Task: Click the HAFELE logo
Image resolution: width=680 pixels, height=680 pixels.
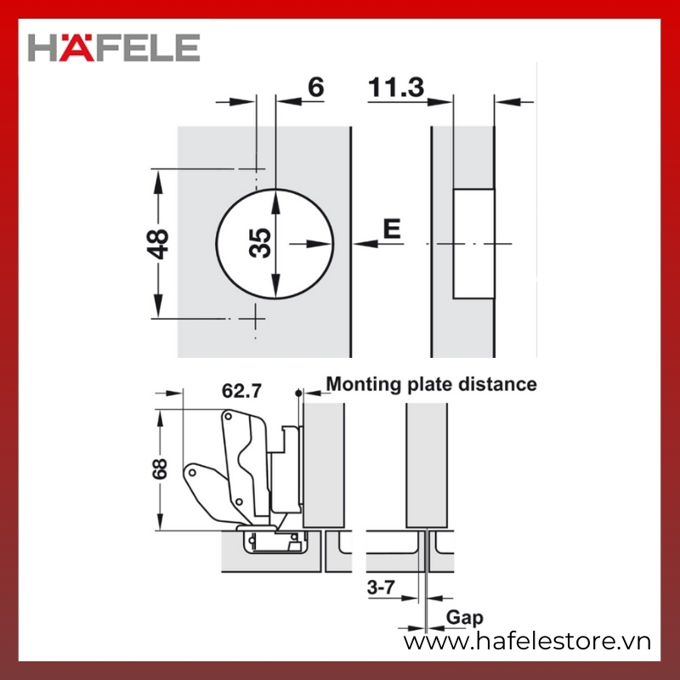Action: tap(114, 48)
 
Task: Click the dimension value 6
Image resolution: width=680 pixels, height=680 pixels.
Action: tap(315, 88)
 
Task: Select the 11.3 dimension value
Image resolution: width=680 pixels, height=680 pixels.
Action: tap(396, 88)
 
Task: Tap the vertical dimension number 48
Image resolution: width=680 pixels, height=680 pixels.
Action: tap(158, 244)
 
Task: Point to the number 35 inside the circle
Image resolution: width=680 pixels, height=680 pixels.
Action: tap(260, 243)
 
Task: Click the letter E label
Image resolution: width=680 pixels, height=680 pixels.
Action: tap(392, 229)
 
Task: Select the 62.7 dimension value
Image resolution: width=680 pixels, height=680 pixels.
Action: tap(241, 391)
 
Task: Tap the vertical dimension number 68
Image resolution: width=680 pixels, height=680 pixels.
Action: tap(160, 469)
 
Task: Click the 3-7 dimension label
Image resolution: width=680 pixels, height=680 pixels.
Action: tap(381, 587)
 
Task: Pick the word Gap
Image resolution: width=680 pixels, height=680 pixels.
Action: tap(464, 618)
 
